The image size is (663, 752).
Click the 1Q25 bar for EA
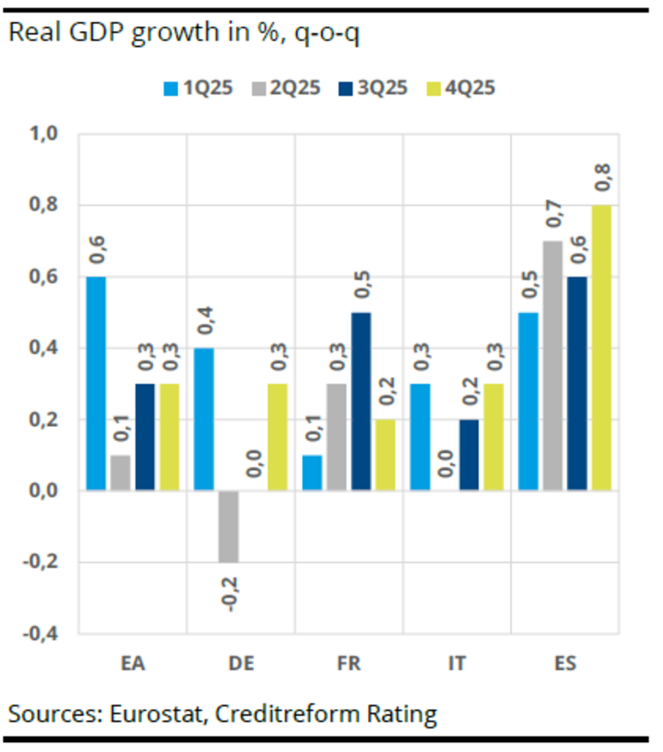click(96, 383)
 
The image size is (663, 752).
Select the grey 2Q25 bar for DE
click(229, 526)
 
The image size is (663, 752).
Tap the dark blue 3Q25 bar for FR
click(362, 401)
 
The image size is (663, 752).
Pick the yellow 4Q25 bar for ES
click(602, 347)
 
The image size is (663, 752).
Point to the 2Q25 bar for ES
click(553, 365)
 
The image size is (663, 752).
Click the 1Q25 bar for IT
click(421, 436)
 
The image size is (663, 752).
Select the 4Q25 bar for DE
click(277, 436)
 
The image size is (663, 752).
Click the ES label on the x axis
click(564, 664)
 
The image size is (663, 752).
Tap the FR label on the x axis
click(349, 664)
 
